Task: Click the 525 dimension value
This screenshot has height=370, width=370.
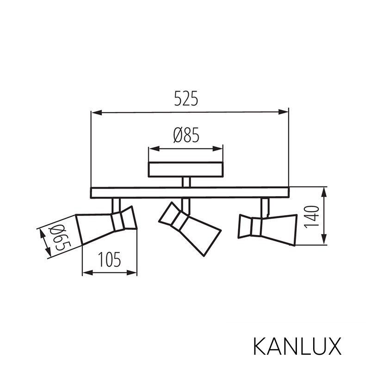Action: tap(186, 99)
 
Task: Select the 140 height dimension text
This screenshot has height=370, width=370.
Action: tap(313, 216)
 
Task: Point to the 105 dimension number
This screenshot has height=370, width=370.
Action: tap(110, 260)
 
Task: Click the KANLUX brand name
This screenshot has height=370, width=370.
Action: tap(297, 346)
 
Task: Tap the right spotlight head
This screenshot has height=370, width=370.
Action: tap(267, 228)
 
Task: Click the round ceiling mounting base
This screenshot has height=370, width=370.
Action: tap(185, 169)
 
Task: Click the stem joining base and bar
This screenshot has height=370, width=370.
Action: tap(186, 182)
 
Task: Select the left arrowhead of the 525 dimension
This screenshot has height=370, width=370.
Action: tap(94, 112)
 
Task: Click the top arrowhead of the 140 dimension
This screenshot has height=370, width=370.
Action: tap(325, 190)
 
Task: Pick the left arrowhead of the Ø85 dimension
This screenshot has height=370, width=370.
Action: tap(151, 148)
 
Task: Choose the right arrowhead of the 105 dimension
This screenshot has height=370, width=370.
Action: tap(134, 273)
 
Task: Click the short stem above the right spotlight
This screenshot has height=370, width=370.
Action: tap(265, 207)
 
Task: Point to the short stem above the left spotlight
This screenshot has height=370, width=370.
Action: tap(116, 205)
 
